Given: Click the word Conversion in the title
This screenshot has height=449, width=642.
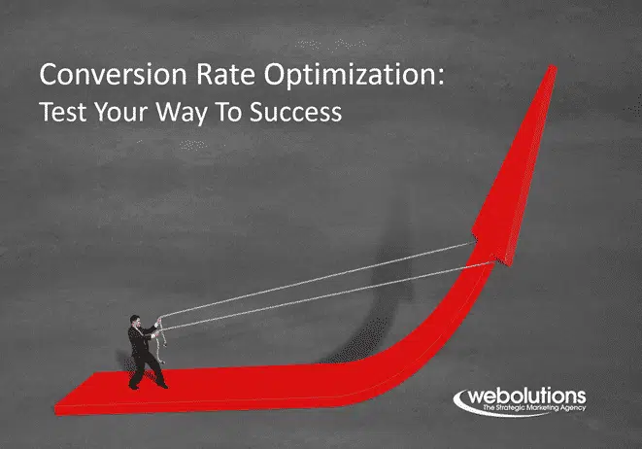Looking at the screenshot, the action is point(114,75).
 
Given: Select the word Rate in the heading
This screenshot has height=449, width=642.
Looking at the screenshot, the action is point(225,75).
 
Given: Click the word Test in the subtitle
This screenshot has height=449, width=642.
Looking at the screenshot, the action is point(62,112).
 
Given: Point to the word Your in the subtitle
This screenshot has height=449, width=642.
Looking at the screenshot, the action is point(120,112).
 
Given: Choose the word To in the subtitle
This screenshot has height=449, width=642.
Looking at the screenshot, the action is point(228,112).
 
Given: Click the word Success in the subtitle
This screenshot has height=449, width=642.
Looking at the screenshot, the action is point(295,112).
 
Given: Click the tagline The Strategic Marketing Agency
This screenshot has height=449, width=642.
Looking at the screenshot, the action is point(534,407).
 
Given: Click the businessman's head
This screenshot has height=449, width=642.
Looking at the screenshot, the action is point(135,321).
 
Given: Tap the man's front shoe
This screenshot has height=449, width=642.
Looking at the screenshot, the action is point(162,385).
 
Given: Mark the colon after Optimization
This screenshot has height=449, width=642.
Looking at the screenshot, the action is point(441,78).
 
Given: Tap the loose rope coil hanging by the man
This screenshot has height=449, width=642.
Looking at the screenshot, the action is point(162,344).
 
